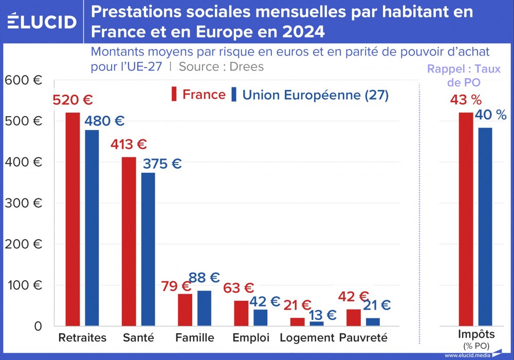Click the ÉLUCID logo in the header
click(x=42, y=22)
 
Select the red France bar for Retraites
click(x=72, y=219)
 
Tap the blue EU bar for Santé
click(x=148, y=249)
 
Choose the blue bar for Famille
click(x=204, y=308)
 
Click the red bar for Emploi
click(x=241, y=313)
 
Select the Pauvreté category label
click(x=363, y=338)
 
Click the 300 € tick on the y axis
click(x=23, y=203)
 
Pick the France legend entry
click(x=198, y=95)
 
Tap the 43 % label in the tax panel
click(x=465, y=100)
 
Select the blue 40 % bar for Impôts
click(x=485, y=226)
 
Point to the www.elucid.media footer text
click(x=467, y=355)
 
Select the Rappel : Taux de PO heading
click(x=464, y=75)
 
